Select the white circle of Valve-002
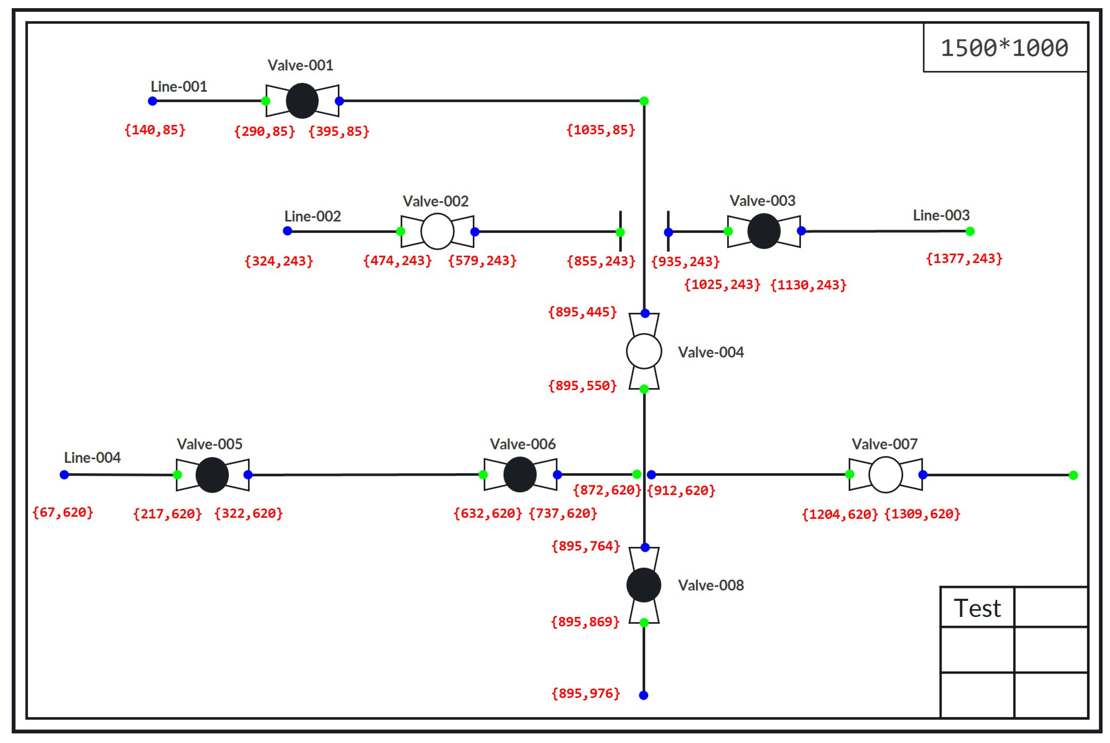tap(437, 231)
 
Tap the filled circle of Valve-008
tap(644, 585)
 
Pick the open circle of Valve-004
tap(644, 351)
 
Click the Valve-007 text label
tap(885, 444)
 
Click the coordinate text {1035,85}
tap(600, 130)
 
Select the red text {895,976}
tap(586, 693)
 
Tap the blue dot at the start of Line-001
tap(152, 101)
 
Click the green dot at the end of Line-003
tap(970, 231)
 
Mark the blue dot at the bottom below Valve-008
tap(643, 695)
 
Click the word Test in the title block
tap(977, 608)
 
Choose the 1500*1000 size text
tap(1004, 48)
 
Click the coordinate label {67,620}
tap(62, 512)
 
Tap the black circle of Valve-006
tap(519, 474)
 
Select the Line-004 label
tap(92, 458)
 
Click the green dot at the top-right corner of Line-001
tap(644, 101)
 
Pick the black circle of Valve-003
tap(763, 231)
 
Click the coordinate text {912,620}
tap(681, 491)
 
